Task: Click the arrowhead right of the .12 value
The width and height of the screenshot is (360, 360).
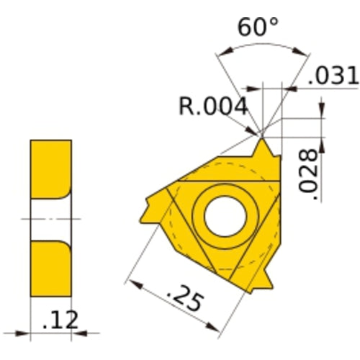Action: pos(79,332)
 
